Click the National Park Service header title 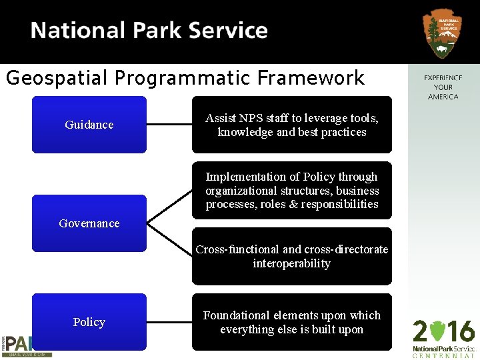pos(149,31)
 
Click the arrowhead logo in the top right pos(442,33)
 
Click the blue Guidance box pos(89,125)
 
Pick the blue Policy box pos(89,322)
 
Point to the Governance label pos(89,223)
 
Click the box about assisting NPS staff pos(292,125)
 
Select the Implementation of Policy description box pos(292,190)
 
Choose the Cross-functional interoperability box pos(292,256)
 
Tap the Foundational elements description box pos(292,322)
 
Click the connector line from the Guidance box pos(169,125)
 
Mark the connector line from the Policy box pos(169,322)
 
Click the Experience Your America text pos(443,87)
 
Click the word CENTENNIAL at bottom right pos(443,355)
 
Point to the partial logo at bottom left pos(25,345)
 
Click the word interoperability pos(291,263)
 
